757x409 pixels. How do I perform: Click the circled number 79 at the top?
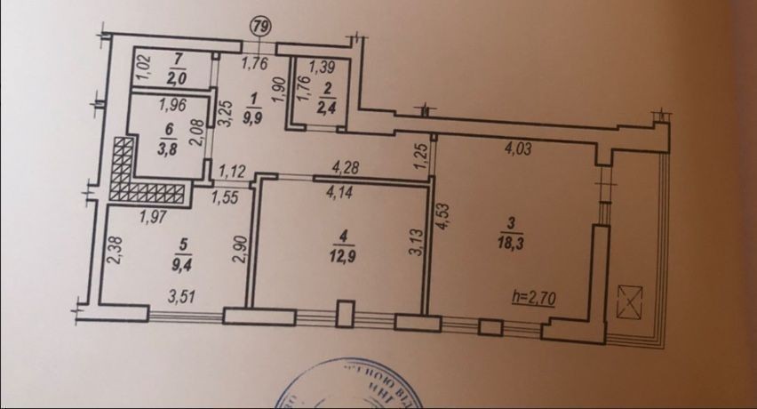coord(260,26)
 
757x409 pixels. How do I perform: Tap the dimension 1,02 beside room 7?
coord(124,67)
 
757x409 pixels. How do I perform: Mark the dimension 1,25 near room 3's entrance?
coord(422,157)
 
